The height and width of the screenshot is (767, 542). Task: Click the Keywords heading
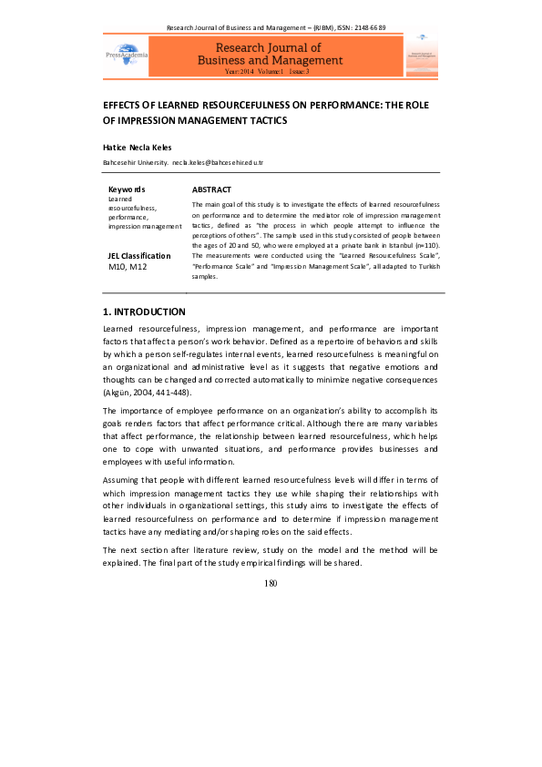coord(127,189)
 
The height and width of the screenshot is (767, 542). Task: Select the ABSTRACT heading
coord(211,189)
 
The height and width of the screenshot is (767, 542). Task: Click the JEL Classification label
coord(139,256)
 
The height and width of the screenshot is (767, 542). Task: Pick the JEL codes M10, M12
coord(128,267)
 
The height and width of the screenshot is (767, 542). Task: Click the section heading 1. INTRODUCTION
coord(144,312)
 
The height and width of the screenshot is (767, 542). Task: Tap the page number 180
coord(271,584)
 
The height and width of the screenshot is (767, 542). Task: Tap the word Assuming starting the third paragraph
coord(122,479)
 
